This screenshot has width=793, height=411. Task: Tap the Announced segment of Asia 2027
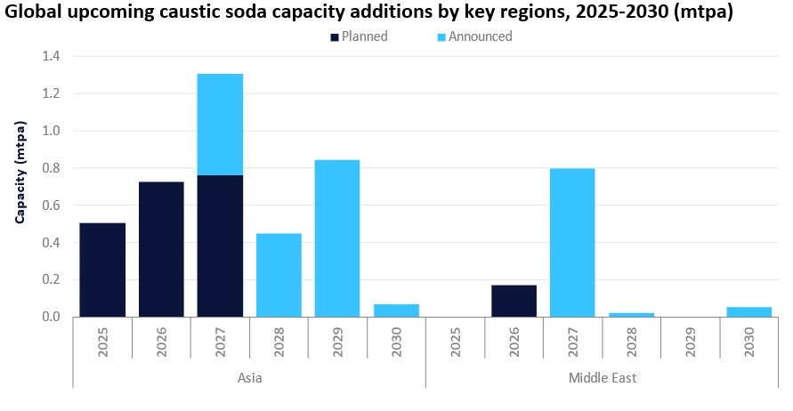tap(220, 124)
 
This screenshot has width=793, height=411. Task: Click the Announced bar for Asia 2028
tap(279, 275)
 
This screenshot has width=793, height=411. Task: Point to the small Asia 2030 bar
tap(396, 310)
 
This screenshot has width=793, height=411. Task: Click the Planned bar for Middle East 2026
tap(514, 301)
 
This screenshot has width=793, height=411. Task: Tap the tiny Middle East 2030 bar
tap(748, 311)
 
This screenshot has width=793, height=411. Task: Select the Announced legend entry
tap(480, 36)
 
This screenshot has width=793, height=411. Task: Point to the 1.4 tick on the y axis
tap(51, 56)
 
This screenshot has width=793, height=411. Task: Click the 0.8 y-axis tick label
tap(51, 168)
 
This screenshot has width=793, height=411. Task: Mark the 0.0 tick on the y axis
tap(51, 317)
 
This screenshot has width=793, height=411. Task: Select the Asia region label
tap(249, 378)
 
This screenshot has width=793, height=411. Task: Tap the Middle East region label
tap(603, 378)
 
